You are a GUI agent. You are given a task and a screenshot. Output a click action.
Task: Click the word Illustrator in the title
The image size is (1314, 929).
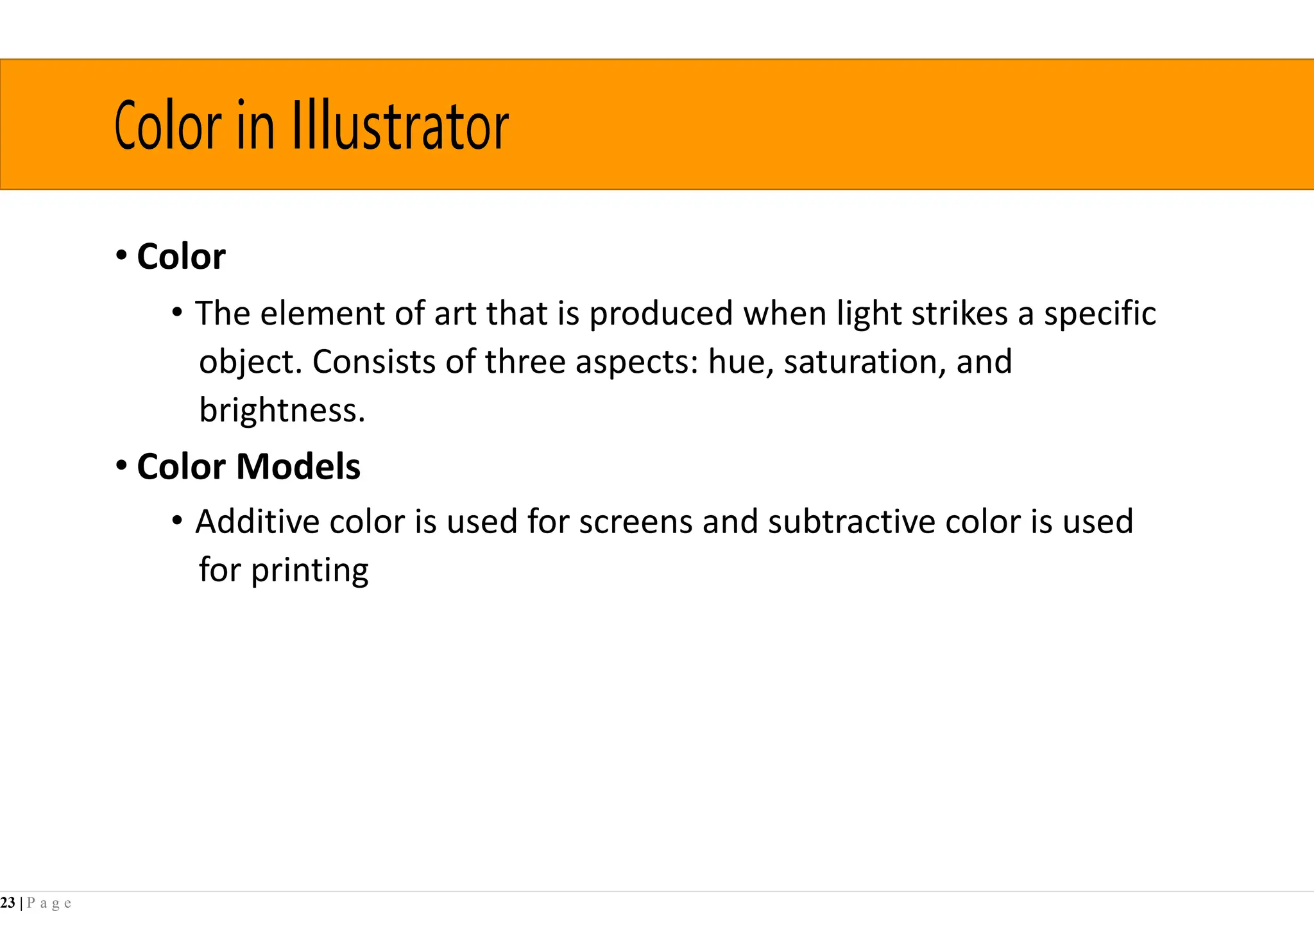tap(400, 126)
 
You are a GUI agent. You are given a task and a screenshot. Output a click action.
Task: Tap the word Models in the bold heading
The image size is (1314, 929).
tap(298, 466)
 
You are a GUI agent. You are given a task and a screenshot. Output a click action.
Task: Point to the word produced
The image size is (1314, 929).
tap(661, 314)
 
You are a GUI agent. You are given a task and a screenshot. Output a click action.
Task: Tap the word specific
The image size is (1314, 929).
tap(1100, 314)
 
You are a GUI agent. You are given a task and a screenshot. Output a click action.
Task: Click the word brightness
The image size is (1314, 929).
tap(281, 410)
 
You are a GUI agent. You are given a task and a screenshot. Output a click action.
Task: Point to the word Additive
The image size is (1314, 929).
tap(257, 522)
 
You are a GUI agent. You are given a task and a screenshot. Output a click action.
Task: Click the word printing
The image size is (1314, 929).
tap(309, 570)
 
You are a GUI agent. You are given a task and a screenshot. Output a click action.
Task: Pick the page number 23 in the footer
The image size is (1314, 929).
tap(8, 903)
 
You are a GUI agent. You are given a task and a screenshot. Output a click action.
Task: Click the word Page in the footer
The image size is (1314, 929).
tap(49, 903)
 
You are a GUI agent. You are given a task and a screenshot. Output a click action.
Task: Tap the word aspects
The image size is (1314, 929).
tap(636, 362)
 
